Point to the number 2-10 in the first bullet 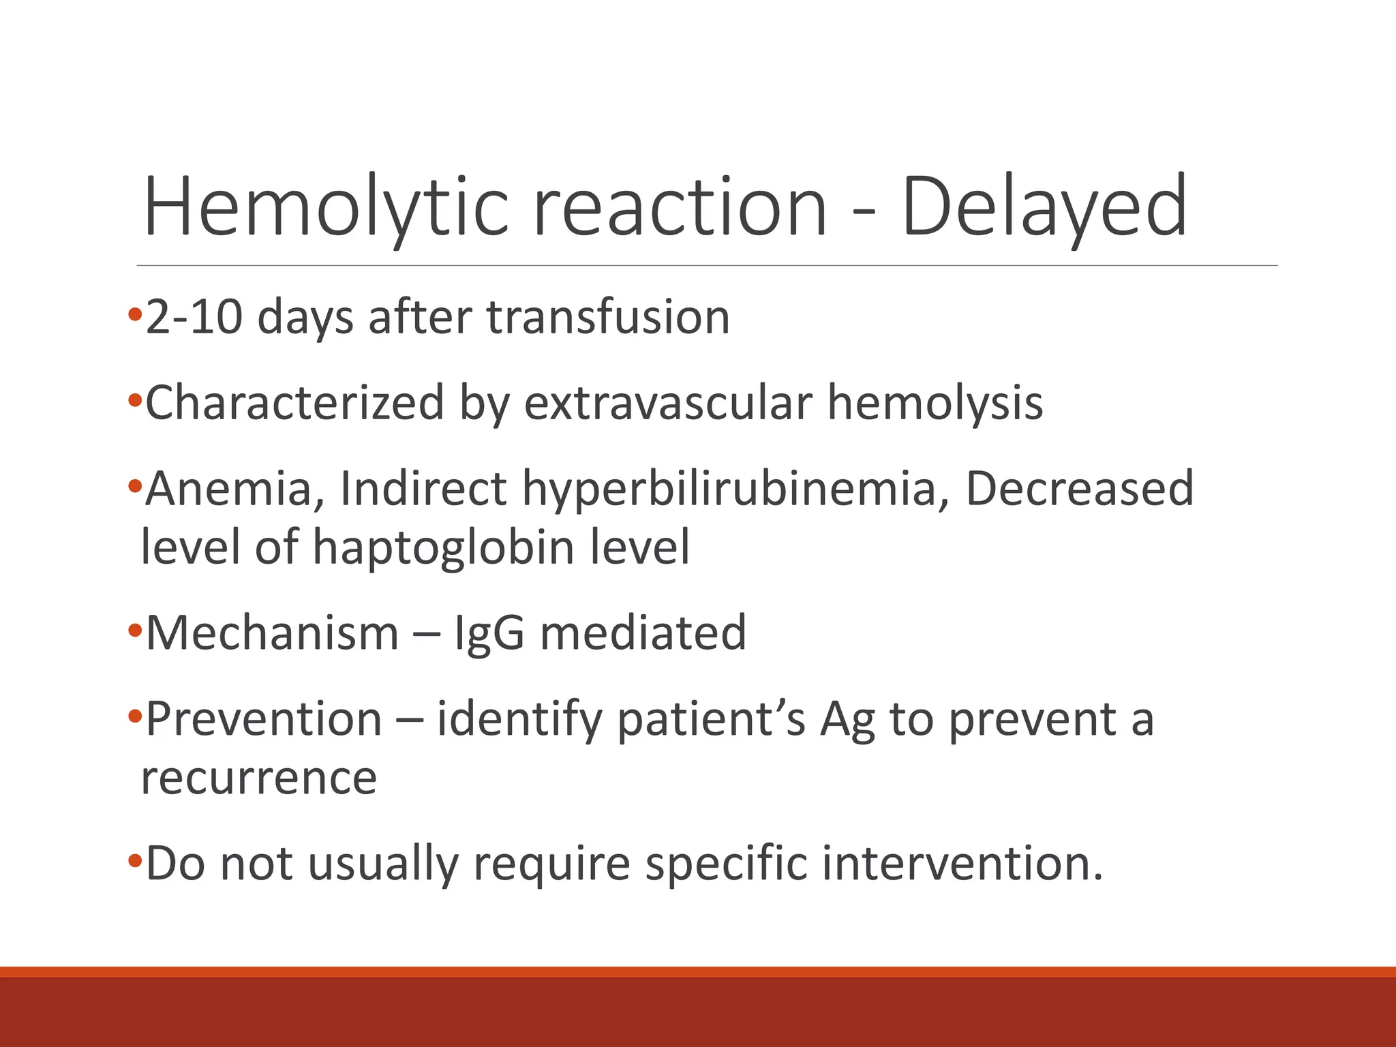coord(194,318)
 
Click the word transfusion coord(607,318)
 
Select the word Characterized coord(294,403)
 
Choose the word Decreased coord(1080,489)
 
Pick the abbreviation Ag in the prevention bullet coord(847,720)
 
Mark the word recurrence coord(258,778)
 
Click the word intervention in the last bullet coord(962,864)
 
